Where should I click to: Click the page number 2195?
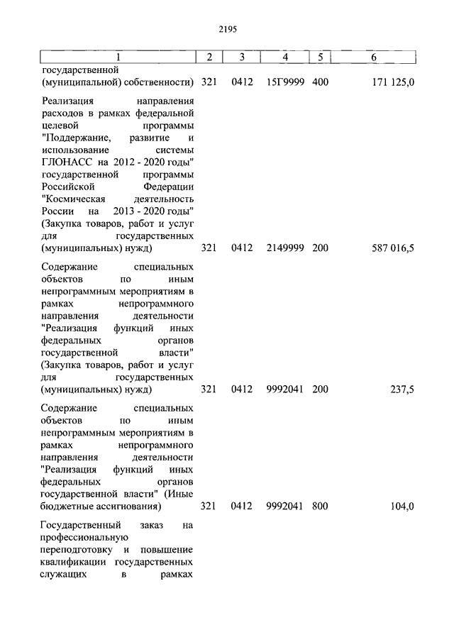coord(227,29)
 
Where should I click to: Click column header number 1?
coord(118,57)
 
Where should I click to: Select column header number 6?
coord(373,57)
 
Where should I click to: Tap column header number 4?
coord(285,57)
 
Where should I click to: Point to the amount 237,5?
coord(402,389)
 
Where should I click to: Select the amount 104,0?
coord(402,507)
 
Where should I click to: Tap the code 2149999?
coord(285,248)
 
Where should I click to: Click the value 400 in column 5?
coord(320,82)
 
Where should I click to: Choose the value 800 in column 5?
coord(320,507)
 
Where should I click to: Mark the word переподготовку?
coord(77,550)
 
